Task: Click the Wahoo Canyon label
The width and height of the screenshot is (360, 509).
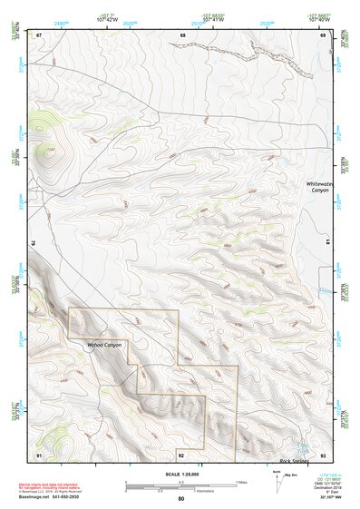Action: point(103,346)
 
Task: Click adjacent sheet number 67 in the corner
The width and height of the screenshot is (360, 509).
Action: point(39,34)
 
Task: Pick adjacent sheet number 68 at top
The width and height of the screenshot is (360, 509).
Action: point(182,34)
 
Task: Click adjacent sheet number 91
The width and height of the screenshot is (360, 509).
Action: point(39,453)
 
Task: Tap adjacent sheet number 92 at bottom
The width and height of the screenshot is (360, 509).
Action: point(181,453)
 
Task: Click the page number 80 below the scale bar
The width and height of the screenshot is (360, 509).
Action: point(181,498)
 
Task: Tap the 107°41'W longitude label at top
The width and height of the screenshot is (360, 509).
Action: point(213,17)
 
